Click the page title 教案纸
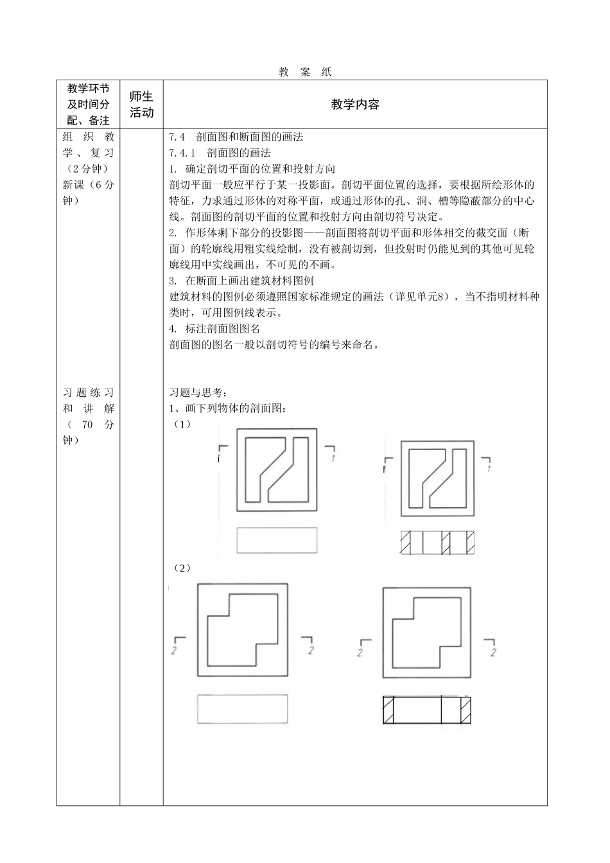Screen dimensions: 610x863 pos(305,73)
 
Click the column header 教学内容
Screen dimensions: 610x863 pos(355,105)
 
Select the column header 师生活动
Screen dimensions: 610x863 pos(141,105)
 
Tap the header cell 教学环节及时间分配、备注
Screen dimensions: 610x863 pos(88,105)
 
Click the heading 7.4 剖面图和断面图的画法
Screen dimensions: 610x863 pos(236,137)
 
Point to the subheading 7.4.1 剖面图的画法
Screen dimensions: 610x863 pos(220,153)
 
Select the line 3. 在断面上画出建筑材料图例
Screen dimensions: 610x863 pos(241,281)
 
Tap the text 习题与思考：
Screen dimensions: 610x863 pos(198,392)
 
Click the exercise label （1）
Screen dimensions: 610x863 pos(182,424)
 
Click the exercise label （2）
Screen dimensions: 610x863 pos(182,568)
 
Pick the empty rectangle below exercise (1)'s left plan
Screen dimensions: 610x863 pos(277,540)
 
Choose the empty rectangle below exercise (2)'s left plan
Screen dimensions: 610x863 pos(242,709)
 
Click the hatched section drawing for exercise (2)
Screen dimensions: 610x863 pos(426,711)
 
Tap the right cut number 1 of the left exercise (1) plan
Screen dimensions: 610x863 pos(332,458)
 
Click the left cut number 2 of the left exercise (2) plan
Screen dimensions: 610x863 pos(175,651)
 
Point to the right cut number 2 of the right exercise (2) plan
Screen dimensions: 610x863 pos(493,652)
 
